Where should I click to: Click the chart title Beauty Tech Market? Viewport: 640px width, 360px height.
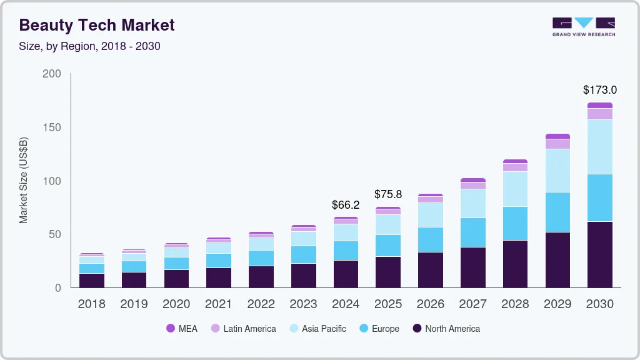coord(97,25)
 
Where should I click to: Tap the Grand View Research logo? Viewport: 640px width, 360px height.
coord(583,26)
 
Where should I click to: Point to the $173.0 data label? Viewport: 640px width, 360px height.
coord(599,90)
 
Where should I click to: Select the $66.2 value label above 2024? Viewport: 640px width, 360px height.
coord(346,204)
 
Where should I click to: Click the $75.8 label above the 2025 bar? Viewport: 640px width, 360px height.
coord(388,194)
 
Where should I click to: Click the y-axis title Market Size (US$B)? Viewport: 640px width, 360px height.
coord(24,181)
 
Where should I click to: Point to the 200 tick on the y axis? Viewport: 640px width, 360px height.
coord(52,74)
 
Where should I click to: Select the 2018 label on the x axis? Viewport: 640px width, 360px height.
coord(91,304)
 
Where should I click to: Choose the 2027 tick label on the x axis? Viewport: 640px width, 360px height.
coord(472,304)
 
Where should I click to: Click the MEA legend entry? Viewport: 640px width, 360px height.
coord(182,329)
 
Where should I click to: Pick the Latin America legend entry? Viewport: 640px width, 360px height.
coord(243,329)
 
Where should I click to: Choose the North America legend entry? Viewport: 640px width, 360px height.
coord(446,329)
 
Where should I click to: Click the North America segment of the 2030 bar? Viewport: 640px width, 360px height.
coord(599,254)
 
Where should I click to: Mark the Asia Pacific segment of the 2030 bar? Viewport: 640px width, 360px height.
coord(599,146)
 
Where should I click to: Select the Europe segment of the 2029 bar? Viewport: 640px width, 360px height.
coord(557,212)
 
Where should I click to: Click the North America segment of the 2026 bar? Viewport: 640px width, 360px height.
coord(430,269)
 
